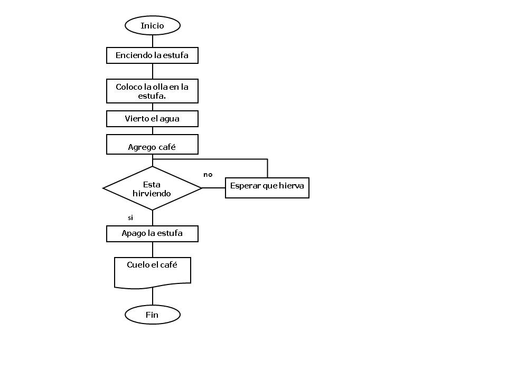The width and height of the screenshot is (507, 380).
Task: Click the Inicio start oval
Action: (152, 25)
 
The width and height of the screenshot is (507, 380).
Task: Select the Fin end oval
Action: (152, 315)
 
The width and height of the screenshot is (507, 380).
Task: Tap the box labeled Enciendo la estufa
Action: (152, 55)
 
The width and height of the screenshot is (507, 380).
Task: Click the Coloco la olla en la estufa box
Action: (152, 91)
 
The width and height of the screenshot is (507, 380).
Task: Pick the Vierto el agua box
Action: (152, 119)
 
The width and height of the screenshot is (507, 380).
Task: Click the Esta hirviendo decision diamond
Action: (152, 188)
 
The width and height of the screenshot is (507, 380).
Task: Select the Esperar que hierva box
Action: (267, 187)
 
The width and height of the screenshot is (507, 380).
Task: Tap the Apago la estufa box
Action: (152, 234)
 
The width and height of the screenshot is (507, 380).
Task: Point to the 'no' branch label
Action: (208, 174)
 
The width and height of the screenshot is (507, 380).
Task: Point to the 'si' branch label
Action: (130, 217)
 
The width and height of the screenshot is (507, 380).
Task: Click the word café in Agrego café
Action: (167, 147)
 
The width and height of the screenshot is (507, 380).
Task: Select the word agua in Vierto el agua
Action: (169, 119)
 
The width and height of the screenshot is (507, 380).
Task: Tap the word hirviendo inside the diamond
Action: (152, 194)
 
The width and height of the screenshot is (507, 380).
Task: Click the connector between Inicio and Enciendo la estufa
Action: (153, 41)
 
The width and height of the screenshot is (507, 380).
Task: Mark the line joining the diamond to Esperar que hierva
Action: (213, 188)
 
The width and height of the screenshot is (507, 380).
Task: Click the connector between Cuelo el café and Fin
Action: (153, 297)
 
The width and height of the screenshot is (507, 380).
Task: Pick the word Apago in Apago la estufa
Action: (132, 233)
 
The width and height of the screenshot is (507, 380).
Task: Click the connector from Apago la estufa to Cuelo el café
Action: (153, 249)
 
